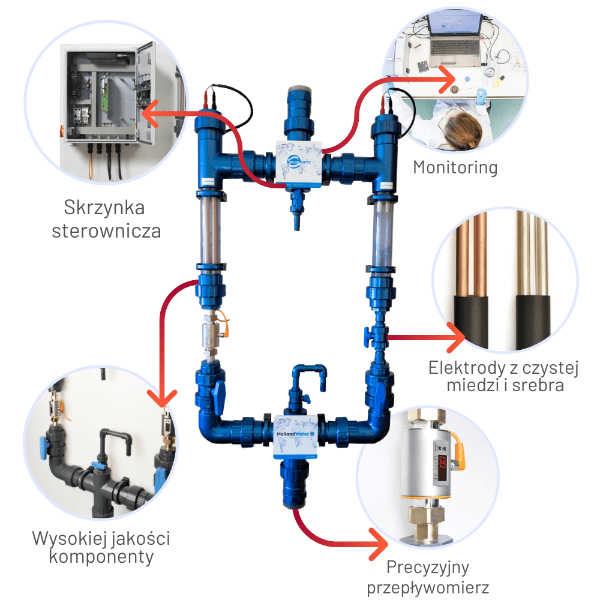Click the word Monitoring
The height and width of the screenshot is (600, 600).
click(x=455, y=167)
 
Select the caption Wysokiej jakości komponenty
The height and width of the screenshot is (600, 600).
click(x=101, y=547)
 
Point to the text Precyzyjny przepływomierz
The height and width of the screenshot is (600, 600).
click(x=428, y=577)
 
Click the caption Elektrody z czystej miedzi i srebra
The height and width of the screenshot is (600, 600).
click(x=505, y=376)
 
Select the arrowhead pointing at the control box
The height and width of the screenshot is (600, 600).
click(x=150, y=112)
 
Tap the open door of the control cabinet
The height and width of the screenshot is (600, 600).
click(x=157, y=90)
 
